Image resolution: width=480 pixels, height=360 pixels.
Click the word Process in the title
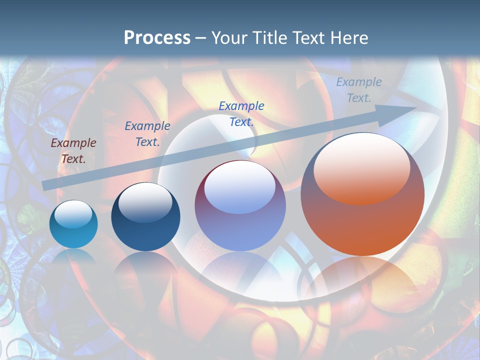[x=157, y=38]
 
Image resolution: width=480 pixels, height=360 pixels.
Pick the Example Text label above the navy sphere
[x=147, y=134]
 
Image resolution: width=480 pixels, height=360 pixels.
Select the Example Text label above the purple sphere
[x=241, y=113]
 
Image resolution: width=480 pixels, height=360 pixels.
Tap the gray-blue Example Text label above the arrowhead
[x=359, y=90]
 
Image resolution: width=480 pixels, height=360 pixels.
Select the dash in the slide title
[x=200, y=38]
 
